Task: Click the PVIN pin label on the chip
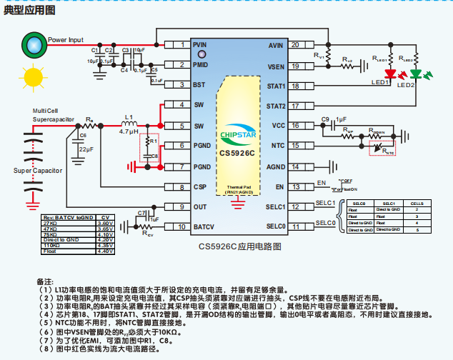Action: pyautogui.click(x=201, y=44)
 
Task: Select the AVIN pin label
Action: pyautogui.click(x=276, y=44)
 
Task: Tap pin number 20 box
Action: pyautogui.click(x=295, y=45)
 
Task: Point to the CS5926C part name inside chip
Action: pyautogui.click(x=237, y=152)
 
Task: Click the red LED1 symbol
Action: pyautogui.click(x=390, y=74)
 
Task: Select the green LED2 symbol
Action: pyautogui.click(x=416, y=74)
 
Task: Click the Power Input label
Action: pyautogui.click(x=66, y=40)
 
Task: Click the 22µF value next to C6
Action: pyautogui.click(x=86, y=149)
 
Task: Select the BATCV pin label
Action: pyautogui.click(x=204, y=227)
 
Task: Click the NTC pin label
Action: pyautogui.click(x=277, y=146)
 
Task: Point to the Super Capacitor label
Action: pyautogui.click(x=38, y=171)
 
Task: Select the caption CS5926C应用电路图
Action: pyautogui.click(x=237, y=246)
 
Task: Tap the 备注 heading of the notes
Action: pyautogui.click(x=44, y=282)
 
